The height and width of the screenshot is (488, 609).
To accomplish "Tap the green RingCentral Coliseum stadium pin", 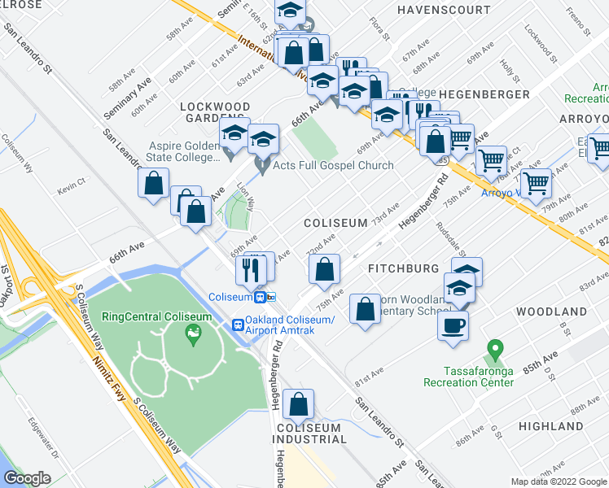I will (x=192, y=332).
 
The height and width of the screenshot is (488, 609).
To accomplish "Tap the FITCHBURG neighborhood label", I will (x=404, y=268).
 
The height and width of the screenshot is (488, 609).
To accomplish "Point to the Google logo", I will (x=26, y=478).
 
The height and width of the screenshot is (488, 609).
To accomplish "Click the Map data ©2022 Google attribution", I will (x=558, y=481).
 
